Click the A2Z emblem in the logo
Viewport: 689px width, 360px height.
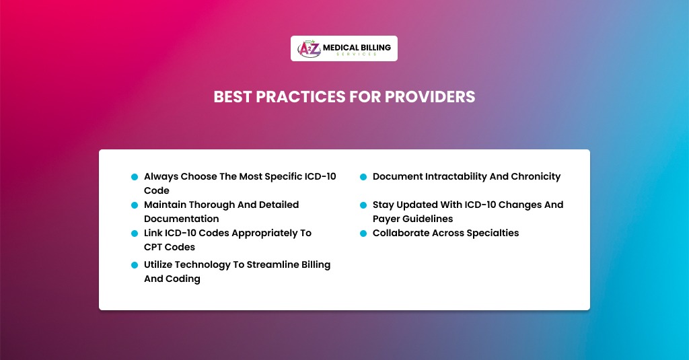coord(310,49)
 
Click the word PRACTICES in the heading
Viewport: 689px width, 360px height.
coord(300,97)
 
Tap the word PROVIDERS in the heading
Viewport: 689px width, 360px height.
coord(430,97)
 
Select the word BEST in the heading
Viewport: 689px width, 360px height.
coord(232,97)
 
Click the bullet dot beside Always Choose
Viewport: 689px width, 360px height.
coord(135,177)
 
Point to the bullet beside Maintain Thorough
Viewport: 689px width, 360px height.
coord(135,205)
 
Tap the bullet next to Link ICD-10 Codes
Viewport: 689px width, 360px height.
coord(135,233)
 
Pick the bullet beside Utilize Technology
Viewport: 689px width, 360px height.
coord(135,265)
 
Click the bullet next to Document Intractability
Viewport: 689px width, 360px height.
coord(363,177)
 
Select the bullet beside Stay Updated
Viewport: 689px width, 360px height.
coord(363,205)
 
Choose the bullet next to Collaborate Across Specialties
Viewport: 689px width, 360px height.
coord(363,233)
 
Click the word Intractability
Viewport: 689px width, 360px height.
coord(456,177)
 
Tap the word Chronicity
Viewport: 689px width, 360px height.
coord(536,177)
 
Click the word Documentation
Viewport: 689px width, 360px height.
coord(182,219)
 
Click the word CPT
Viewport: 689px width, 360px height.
coord(153,247)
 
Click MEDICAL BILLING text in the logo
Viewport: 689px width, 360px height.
coord(357,48)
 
